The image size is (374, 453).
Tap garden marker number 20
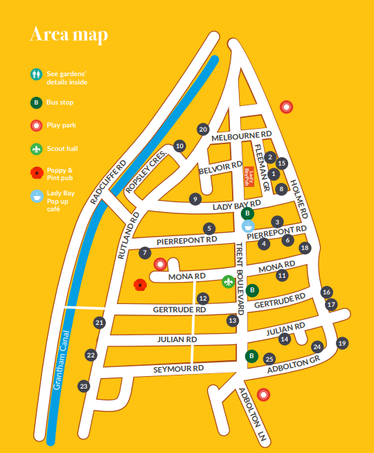coord(203,129)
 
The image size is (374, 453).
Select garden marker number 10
coord(179,146)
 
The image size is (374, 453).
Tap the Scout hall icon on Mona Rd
coord(228,281)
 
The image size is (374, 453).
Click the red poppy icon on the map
coord(141,284)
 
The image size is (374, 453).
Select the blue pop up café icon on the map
coord(248,225)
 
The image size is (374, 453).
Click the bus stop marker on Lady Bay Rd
coord(247,213)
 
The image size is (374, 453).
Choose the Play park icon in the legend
coord(36,125)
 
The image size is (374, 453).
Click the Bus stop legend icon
coord(36,103)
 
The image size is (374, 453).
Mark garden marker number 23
coord(84,386)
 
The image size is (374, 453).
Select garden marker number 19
coord(341,343)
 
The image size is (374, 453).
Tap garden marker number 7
coord(144,253)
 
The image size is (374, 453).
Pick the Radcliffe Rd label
coord(109,181)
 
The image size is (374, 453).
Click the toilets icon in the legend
coord(36,73)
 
